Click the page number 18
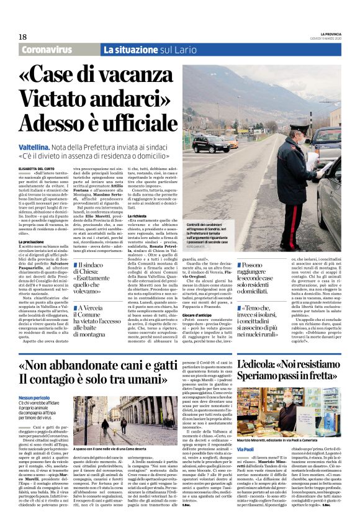click(x=23, y=37)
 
